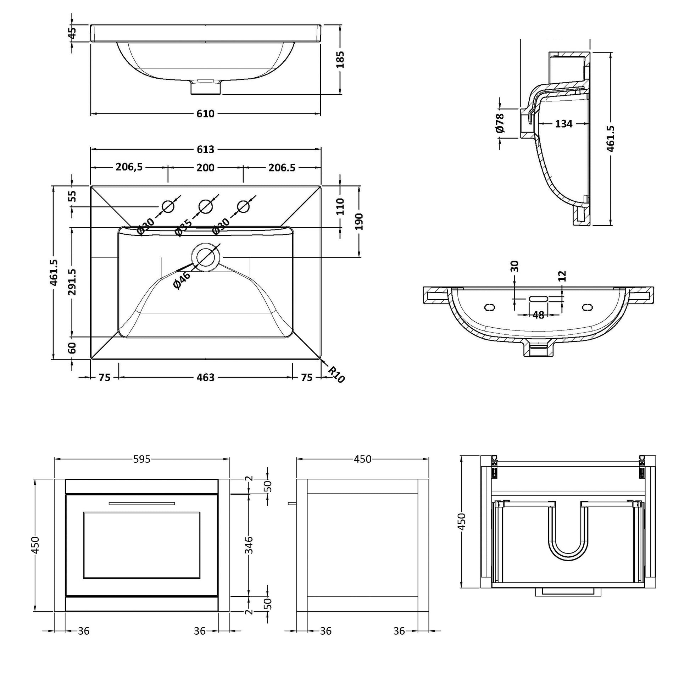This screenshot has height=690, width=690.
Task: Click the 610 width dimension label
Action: pyautogui.click(x=205, y=113)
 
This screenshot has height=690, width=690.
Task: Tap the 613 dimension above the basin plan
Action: pyautogui.click(x=205, y=149)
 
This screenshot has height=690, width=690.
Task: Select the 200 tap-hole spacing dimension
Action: pyautogui.click(x=205, y=167)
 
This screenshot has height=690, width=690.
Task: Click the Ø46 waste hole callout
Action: pyautogui.click(x=182, y=280)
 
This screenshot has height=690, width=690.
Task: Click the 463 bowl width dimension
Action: pyautogui.click(x=205, y=377)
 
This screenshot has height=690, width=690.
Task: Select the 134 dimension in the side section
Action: pyautogui.click(x=563, y=124)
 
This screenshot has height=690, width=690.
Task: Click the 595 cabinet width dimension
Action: pyautogui.click(x=142, y=459)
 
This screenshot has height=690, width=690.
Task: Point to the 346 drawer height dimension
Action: pyautogui.click(x=249, y=545)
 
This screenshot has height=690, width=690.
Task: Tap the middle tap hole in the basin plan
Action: pyautogui.click(x=205, y=207)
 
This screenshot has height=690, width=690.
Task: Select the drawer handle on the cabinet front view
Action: pyautogui.click(x=142, y=503)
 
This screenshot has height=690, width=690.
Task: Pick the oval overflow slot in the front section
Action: pyautogui.click(x=539, y=299)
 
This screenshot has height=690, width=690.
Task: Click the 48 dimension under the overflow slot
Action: pyautogui.click(x=538, y=315)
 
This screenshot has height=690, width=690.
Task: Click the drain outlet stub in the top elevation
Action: pyautogui.click(x=206, y=87)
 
